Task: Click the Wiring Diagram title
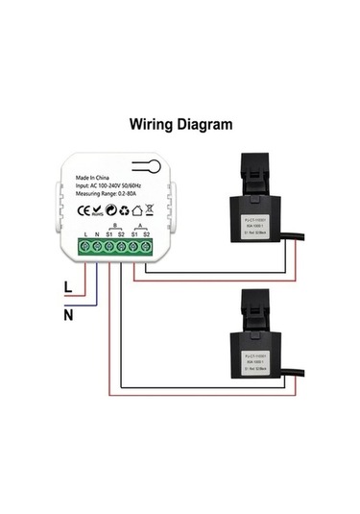(181, 124)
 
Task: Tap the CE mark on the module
(83, 208)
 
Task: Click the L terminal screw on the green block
(85, 247)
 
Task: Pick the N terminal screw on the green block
(98, 247)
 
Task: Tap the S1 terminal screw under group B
(110, 247)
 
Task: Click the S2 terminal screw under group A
(147, 247)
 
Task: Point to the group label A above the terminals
(141, 225)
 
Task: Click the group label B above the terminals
(116, 225)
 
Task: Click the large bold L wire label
(66, 285)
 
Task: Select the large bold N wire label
(67, 313)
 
